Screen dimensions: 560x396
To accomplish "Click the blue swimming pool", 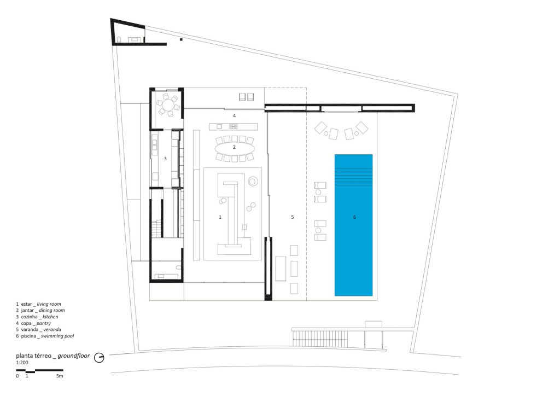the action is point(354,225).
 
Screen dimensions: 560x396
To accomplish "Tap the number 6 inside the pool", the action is point(354,217).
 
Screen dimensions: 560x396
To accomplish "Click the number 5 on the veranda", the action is point(293,217).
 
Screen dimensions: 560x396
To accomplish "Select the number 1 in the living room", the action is point(220,217).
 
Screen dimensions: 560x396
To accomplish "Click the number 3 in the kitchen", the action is point(165,159).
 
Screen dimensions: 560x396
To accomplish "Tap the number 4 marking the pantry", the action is point(234,115).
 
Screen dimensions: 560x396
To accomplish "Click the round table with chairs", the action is point(167,106).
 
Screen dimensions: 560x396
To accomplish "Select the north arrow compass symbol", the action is point(99,357).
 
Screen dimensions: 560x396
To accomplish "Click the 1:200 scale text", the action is point(22,363).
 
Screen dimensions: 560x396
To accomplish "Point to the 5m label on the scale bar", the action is point(60,376).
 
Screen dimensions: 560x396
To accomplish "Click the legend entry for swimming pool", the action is point(45,336).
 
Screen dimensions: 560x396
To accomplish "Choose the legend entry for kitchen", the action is point(37,317).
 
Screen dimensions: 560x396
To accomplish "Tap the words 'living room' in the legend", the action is point(49,304).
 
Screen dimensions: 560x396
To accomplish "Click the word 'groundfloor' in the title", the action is point(74,356).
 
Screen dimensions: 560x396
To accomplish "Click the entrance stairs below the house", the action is point(319,338).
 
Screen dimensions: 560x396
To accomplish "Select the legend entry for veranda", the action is point(38,330).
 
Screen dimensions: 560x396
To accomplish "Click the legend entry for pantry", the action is point(33,323).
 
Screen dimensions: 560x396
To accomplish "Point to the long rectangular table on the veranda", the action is point(281,269).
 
